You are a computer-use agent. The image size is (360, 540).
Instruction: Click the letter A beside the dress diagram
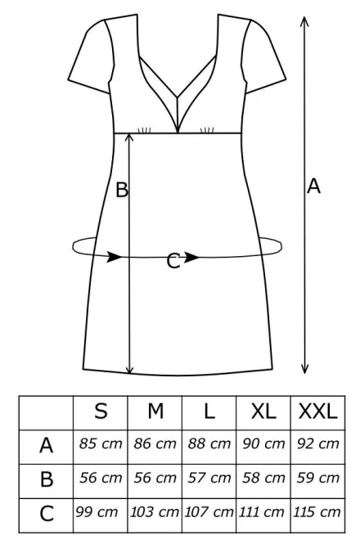coord(313,187)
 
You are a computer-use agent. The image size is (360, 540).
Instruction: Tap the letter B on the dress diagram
coord(122,190)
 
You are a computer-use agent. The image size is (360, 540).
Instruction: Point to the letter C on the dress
coord(173,261)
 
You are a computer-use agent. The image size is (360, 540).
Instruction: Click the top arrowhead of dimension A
coord(304,20)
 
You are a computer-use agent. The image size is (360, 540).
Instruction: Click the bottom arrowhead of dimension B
coord(129,369)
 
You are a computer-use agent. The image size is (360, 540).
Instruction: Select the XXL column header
coord(317,411)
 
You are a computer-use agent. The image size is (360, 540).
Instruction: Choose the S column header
coord(101,411)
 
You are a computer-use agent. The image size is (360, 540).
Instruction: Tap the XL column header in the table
coord(263,411)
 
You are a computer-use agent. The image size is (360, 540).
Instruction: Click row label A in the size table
coord(46,445)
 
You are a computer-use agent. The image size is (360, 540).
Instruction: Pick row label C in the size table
coord(47,514)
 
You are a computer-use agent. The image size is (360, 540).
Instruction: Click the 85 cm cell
coord(101,443)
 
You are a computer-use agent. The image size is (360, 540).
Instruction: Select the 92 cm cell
coord(318,443)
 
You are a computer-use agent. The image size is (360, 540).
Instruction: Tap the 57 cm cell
coord(209,478)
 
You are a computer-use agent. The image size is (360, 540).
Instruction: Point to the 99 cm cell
coord(97,511)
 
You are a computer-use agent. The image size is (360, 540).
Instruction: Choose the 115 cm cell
coord(317,511)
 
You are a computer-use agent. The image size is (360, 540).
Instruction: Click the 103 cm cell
coord(154,511)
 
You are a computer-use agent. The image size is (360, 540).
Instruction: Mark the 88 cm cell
coord(209,443)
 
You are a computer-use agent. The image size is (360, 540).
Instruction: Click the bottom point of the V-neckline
coord(178,133)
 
